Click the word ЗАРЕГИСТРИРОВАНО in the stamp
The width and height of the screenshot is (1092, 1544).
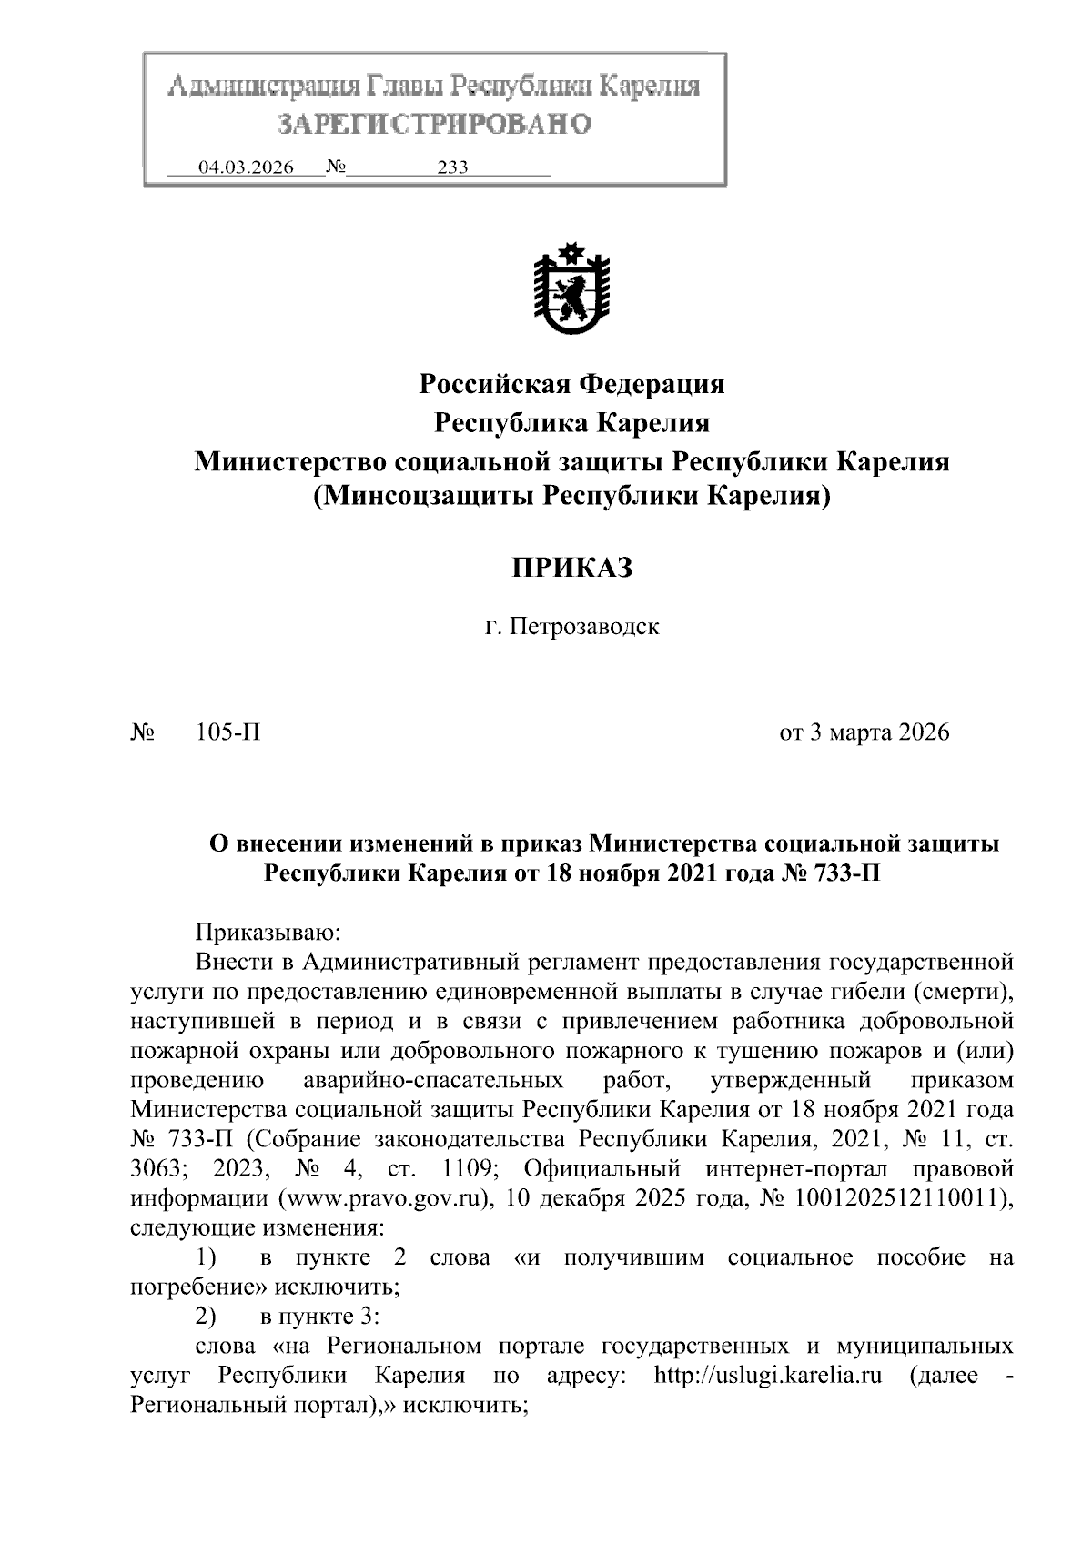coord(434,124)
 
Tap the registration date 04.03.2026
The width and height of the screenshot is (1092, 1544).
coord(247,167)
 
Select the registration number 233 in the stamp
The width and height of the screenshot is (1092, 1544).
coord(452,167)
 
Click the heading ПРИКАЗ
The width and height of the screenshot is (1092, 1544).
coord(571,569)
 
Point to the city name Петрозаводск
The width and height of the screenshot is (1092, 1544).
coord(583,627)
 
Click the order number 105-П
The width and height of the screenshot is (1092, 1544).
coord(228,732)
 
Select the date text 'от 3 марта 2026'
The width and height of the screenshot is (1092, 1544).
coord(864,732)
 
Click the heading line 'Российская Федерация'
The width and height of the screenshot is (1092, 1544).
coord(571,384)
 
